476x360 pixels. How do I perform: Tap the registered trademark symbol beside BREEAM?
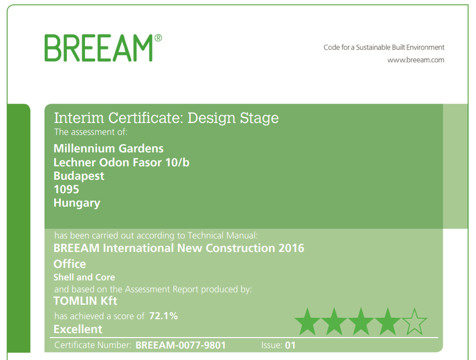(x=158, y=38)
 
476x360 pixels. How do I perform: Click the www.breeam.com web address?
(x=416, y=60)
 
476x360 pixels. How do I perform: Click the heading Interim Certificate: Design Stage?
(x=166, y=118)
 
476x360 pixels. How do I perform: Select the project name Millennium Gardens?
(x=109, y=148)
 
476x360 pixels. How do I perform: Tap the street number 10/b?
(x=177, y=162)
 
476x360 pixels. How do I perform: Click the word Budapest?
(x=79, y=176)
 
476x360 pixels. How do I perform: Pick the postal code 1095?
(x=67, y=189)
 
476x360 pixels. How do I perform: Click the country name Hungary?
(x=77, y=203)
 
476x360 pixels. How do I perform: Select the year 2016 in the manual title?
(x=291, y=248)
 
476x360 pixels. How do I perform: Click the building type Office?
(x=70, y=264)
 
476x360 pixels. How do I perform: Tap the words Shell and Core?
(x=84, y=277)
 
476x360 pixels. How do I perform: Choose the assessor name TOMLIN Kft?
(x=85, y=301)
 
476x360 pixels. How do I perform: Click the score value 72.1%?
(x=164, y=316)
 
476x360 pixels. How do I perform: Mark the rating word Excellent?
(x=78, y=329)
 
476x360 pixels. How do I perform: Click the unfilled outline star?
(x=414, y=322)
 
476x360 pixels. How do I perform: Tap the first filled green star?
(x=307, y=322)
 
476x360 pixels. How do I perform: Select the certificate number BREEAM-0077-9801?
(x=181, y=345)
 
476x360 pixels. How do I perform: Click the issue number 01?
(x=290, y=345)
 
